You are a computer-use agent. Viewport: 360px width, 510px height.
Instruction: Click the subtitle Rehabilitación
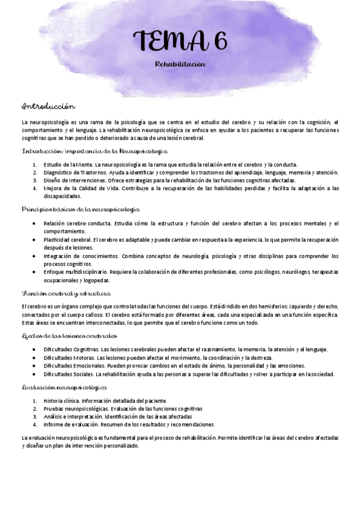180,63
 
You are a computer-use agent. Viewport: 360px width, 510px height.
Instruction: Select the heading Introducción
47,106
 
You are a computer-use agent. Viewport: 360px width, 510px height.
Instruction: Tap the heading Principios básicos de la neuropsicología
80,209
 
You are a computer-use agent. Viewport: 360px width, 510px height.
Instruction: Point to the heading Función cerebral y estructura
66,293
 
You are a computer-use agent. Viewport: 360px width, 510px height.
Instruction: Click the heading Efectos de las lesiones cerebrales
69,335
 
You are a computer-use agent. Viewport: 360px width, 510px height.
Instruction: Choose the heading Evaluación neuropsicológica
64,387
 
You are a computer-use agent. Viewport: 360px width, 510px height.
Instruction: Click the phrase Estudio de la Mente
66,165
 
